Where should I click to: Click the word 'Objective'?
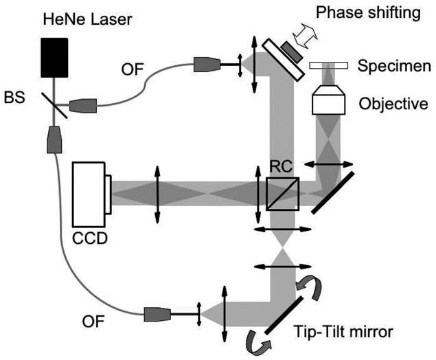pos(393,104)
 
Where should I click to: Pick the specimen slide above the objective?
pos(332,66)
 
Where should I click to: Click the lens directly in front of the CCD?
pos(158,193)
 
